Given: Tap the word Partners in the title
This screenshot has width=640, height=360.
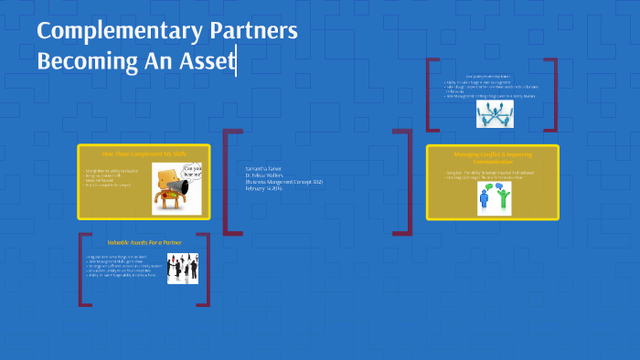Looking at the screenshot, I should [256, 31].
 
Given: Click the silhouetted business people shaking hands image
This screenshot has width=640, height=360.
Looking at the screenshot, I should [181, 268].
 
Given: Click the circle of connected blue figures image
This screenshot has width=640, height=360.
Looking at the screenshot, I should [494, 113].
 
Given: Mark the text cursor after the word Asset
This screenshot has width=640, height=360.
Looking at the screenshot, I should [236, 62].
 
